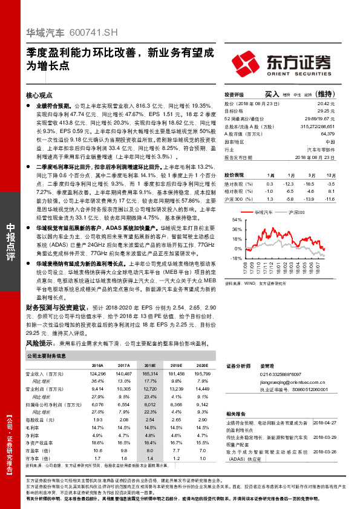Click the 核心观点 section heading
(x=40, y=95)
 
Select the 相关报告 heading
(x=235, y=413)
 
